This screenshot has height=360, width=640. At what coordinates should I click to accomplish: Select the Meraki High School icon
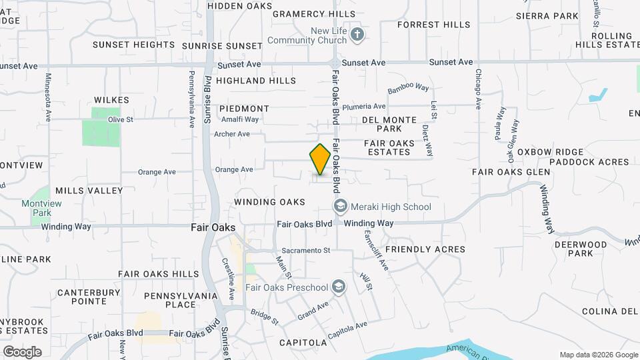341,207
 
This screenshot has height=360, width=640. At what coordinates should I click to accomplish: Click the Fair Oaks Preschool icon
339,287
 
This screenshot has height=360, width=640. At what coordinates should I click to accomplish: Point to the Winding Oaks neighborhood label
269,202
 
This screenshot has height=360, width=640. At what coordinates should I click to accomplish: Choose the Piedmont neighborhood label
244,109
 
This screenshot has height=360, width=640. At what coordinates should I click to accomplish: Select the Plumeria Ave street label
364,107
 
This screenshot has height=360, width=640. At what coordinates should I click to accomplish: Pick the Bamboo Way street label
409,88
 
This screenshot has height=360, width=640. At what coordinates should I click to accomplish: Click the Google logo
22,352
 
